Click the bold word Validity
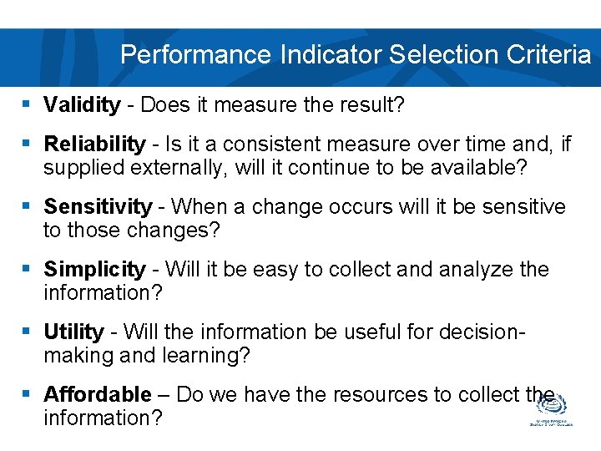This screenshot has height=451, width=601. (82, 104)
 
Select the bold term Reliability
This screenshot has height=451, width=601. (93, 144)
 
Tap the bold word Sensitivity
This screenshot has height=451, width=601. (98, 206)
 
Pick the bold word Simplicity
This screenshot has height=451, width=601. (94, 269)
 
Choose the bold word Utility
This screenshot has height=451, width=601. (73, 332)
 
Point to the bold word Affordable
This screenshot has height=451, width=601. (98, 394)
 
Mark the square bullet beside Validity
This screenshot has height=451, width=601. (26, 104)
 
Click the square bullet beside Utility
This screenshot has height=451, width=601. (26, 332)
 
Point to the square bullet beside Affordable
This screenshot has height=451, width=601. (26, 394)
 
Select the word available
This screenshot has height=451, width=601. (475, 168)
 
